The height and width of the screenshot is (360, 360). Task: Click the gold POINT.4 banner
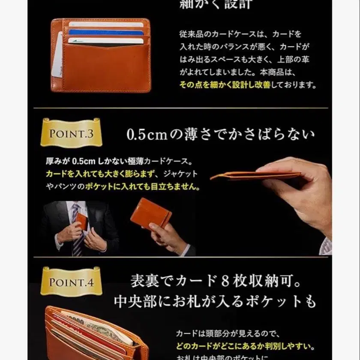point(71,282)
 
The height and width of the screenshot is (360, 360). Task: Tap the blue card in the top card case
point(105,32)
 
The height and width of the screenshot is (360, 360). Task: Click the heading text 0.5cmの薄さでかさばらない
point(221,134)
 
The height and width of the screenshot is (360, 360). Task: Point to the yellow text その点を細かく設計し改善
point(225,85)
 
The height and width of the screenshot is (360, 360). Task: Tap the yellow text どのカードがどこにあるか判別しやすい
point(246,346)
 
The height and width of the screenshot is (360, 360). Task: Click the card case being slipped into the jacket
point(82,221)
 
